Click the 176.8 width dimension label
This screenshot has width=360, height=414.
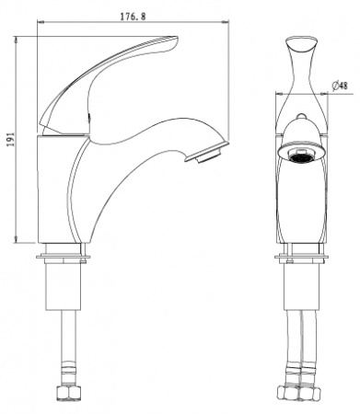(133, 17)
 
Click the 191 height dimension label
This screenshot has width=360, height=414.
(11, 140)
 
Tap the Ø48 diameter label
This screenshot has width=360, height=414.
(340, 86)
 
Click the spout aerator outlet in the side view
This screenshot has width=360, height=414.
(207, 153)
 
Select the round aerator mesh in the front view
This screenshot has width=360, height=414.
(301, 156)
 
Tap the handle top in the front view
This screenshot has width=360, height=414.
(301, 44)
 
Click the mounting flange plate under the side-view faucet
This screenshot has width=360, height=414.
(64, 257)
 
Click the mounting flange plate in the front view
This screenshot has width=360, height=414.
(301, 257)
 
